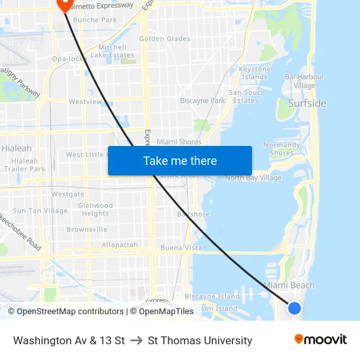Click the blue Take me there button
click(x=180, y=160)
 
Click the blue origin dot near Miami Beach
click(x=295, y=308)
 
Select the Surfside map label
click(x=307, y=103)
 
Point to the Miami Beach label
click(x=289, y=285)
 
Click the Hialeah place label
click(x=16, y=149)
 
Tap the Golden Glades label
click(x=165, y=39)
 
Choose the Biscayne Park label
click(x=202, y=101)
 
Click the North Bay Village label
click(x=253, y=178)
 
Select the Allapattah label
click(x=120, y=245)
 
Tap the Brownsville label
click(x=87, y=230)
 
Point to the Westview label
click(x=85, y=102)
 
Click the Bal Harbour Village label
click(x=304, y=81)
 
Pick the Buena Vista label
click(x=181, y=248)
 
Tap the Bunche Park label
click(x=95, y=20)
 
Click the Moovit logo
click(x=321, y=340)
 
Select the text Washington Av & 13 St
click(x=69, y=340)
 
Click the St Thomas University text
click(x=200, y=340)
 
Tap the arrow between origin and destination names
click(x=136, y=340)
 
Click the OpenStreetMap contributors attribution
click(x=70, y=312)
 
